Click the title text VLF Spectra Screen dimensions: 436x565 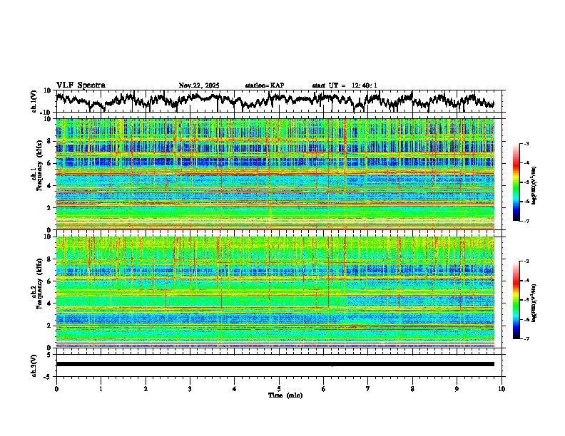(81, 85)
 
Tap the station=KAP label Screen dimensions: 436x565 (264, 85)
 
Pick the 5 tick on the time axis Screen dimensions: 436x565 (279, 388)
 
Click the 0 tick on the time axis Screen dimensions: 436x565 (56, 388)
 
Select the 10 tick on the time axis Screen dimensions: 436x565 (502, 388)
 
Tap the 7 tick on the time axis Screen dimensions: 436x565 (368, 388)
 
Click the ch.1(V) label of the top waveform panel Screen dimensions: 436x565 (34, 101)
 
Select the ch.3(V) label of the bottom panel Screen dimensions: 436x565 (34, 363)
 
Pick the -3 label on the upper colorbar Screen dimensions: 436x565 (526, 144)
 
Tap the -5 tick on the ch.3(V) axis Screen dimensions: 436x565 (50, 375)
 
